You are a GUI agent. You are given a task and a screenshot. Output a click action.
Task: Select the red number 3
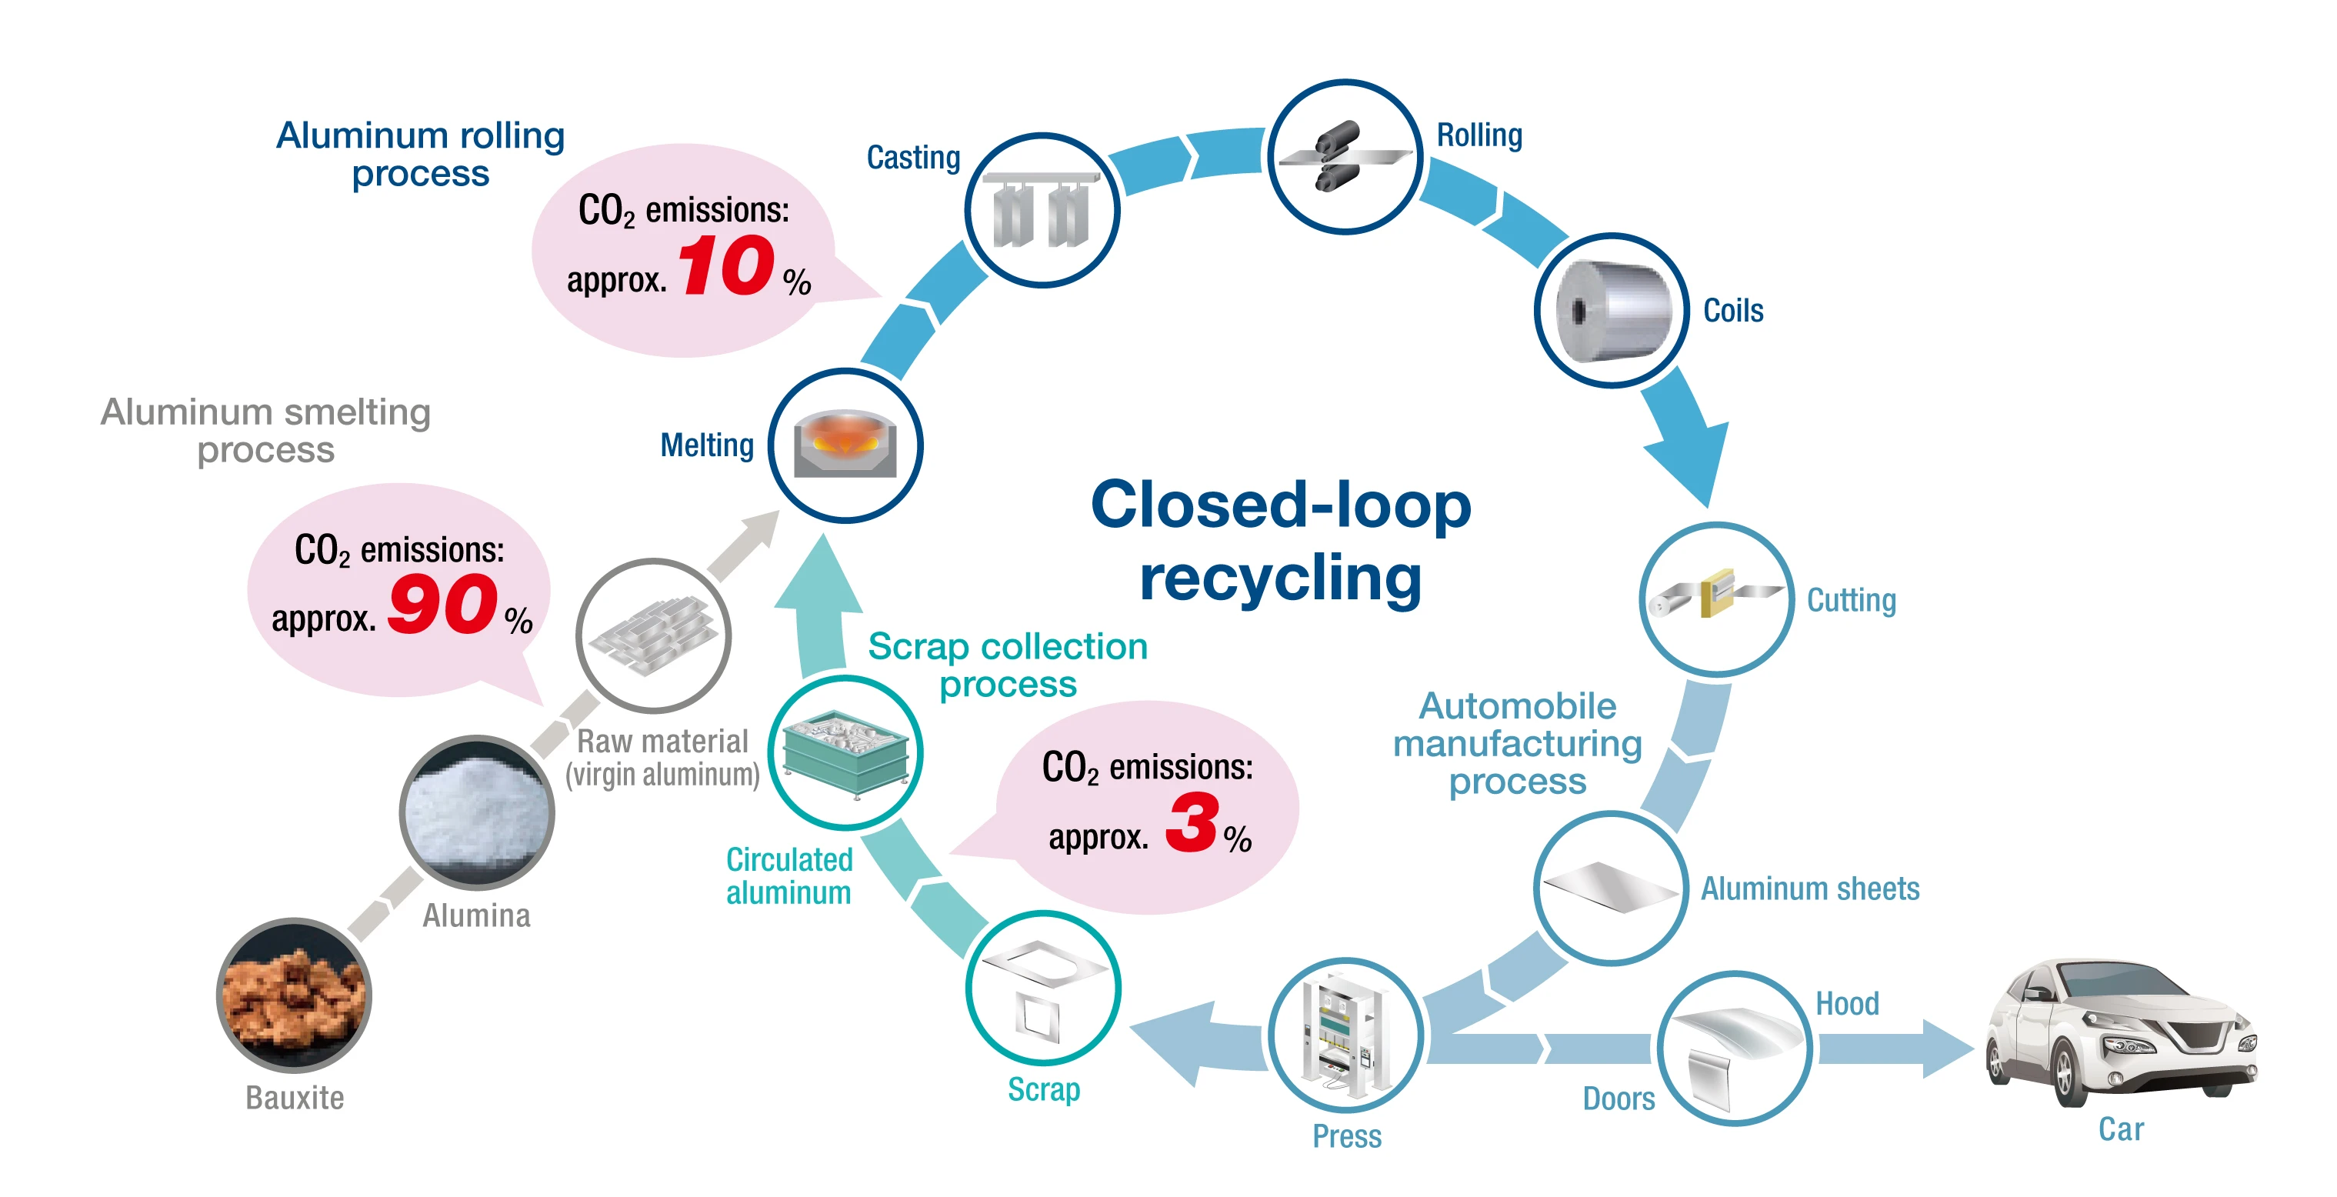coord(1192,822)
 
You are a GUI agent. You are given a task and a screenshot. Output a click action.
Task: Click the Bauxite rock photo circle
coord(294,995)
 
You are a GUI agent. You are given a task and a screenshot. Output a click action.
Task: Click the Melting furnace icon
coord(845,445)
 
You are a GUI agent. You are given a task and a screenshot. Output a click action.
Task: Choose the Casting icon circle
coord(1042,211)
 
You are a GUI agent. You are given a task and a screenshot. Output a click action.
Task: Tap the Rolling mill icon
coord(1345,156)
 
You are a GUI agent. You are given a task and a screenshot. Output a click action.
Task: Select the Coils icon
coord(1612,310)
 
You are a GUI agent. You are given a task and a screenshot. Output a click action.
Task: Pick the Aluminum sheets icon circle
coord(1612,887)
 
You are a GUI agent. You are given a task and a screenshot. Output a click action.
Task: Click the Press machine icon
coord(1345,1035)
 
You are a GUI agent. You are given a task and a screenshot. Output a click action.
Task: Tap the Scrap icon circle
coord(1043,987)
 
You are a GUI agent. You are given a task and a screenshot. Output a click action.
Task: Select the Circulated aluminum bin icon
coord(845,752)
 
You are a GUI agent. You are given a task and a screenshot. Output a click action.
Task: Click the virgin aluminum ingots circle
coord(653,635)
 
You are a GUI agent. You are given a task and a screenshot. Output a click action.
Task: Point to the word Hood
coord(1847,1004)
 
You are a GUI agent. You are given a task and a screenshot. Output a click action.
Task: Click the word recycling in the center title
coord(1280,579)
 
